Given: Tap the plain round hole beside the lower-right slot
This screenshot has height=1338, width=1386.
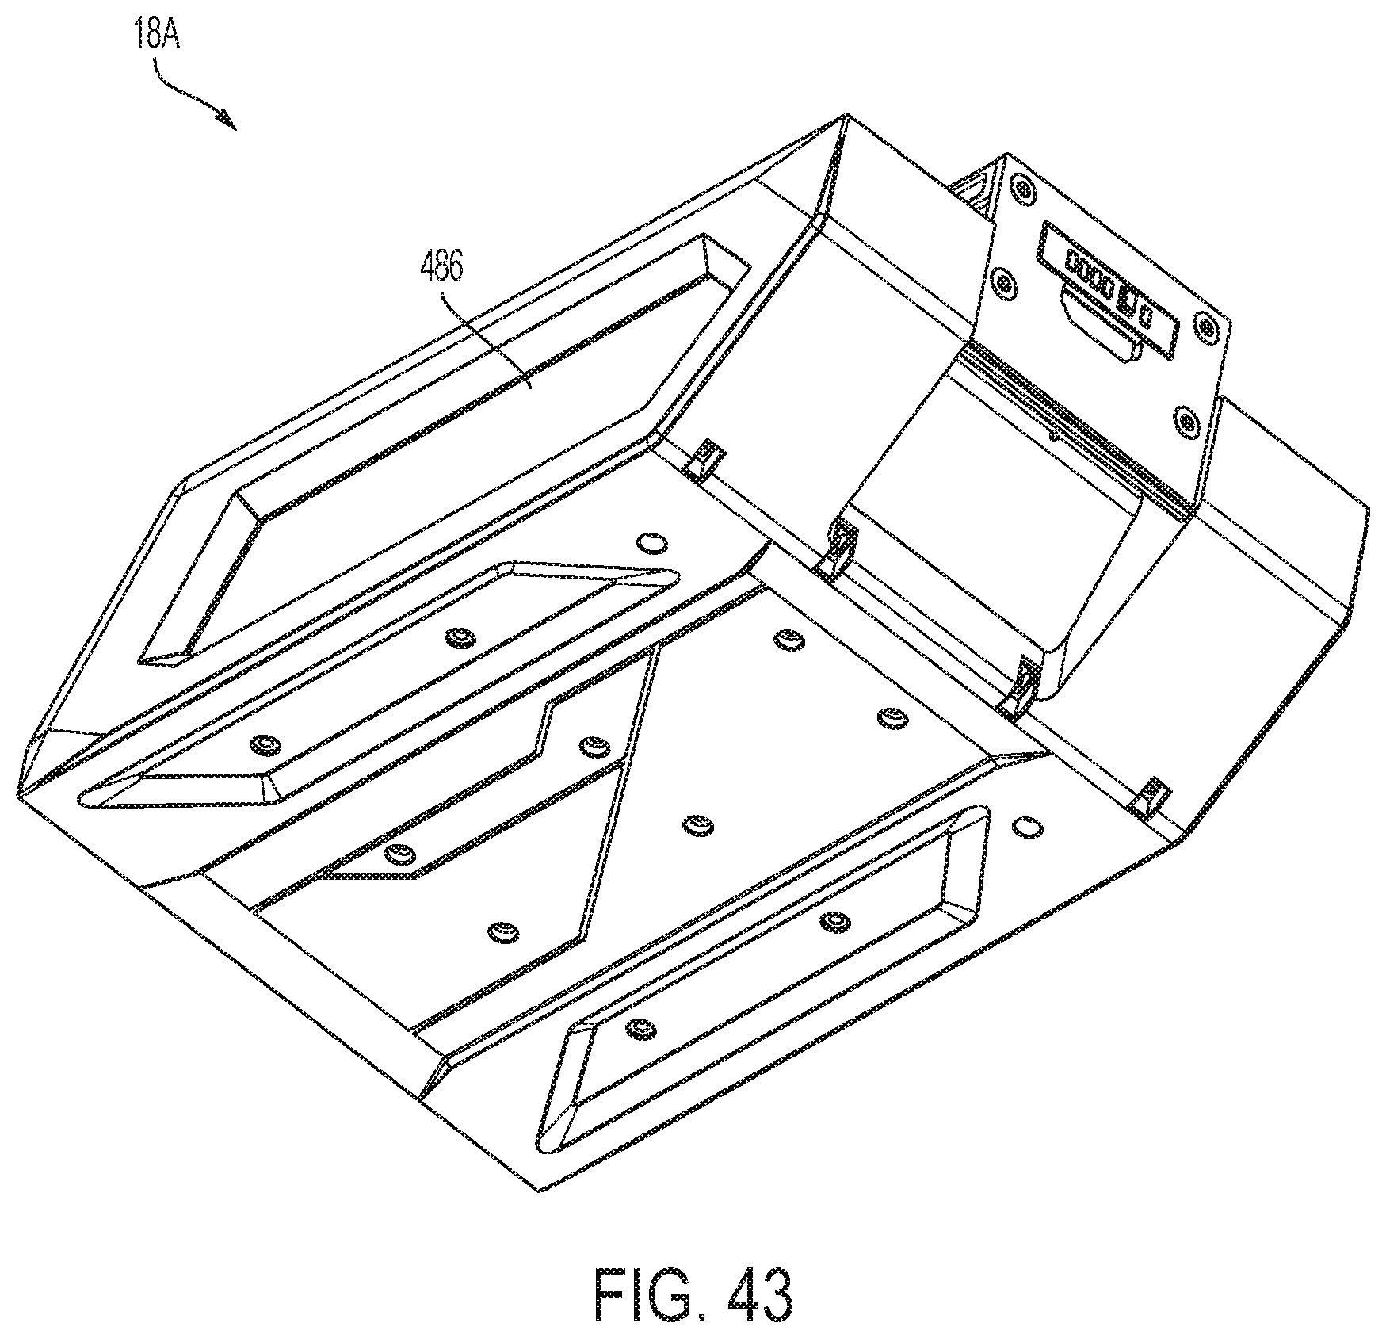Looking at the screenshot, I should (1027, 826).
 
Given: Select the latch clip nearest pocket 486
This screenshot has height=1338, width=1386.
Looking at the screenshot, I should (704, 458).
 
